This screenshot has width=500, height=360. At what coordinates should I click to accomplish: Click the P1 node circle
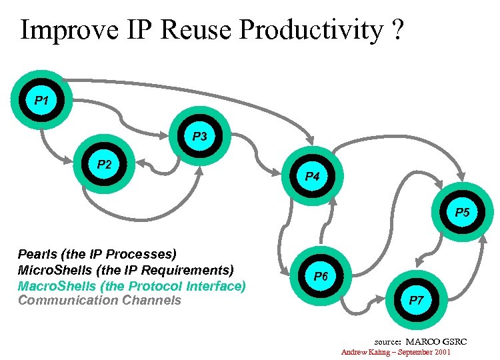[41, 101]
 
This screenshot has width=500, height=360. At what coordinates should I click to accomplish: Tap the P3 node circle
[200, 137]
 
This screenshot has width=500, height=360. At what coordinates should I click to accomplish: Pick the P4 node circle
[312, 177]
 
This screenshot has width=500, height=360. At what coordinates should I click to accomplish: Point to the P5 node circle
[462, 213]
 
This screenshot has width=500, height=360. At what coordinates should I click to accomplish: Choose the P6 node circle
[321, 275]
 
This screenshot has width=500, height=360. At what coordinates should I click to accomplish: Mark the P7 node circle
[417, 300]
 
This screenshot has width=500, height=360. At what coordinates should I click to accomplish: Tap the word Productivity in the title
[311, 30]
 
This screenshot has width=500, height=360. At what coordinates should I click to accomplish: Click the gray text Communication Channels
[99, 300]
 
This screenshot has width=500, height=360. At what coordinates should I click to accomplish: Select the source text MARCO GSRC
[441, 341]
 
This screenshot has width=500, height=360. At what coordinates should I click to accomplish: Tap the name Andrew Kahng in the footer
[365, 351]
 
